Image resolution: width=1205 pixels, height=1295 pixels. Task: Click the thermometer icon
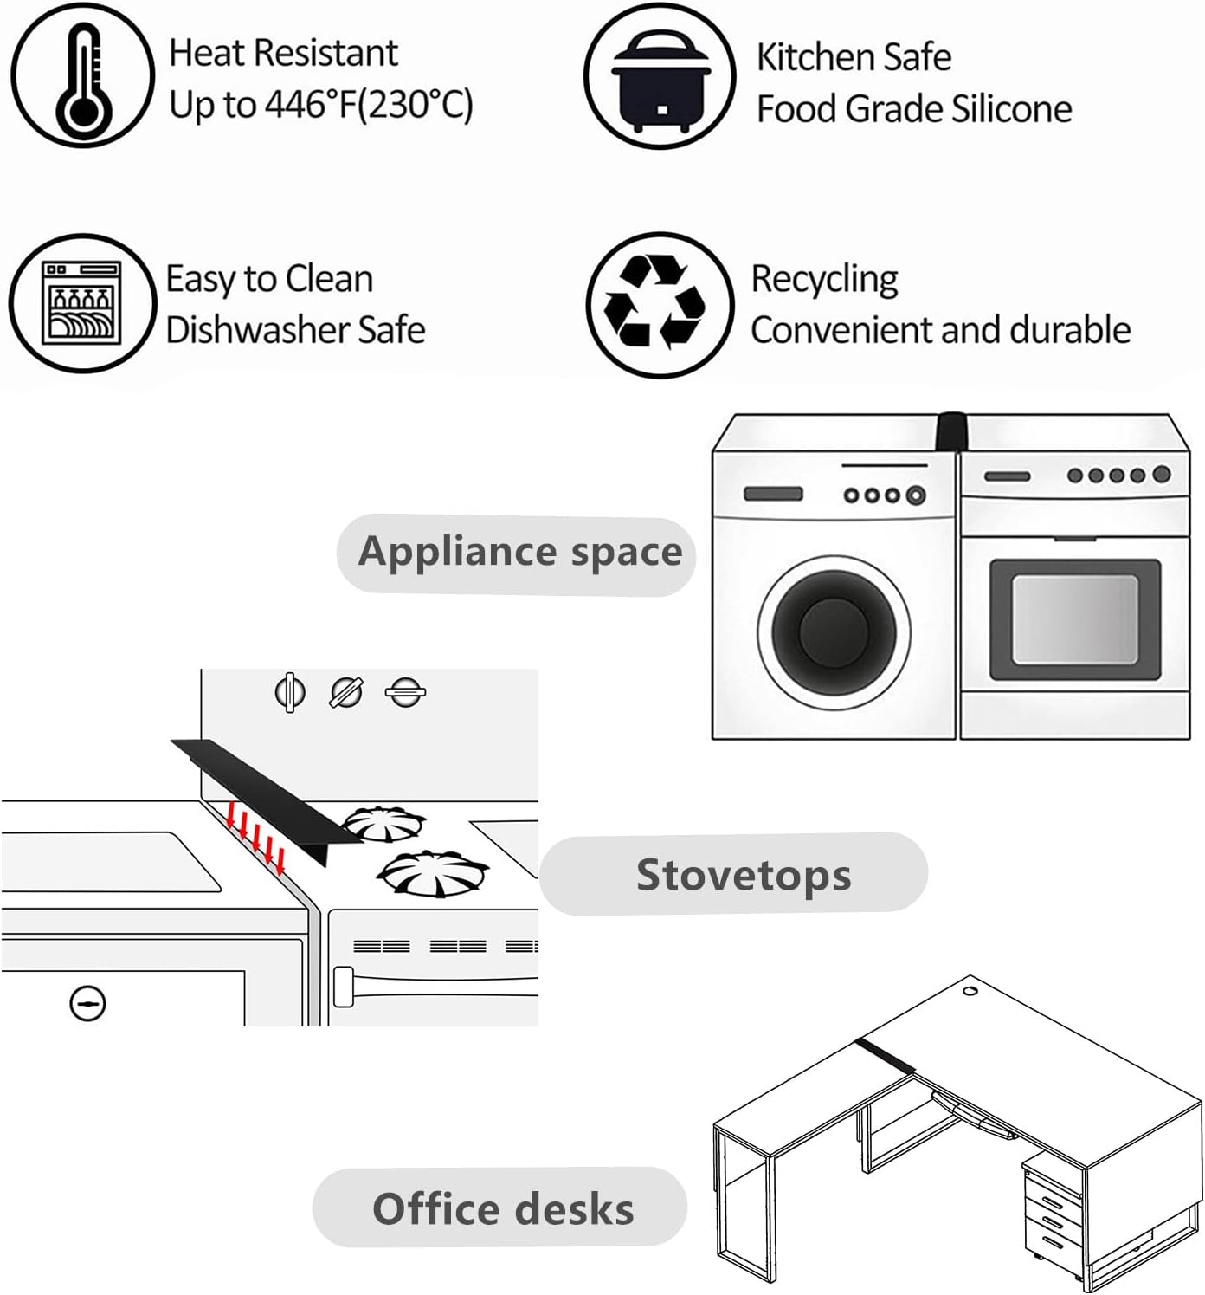[82, 75]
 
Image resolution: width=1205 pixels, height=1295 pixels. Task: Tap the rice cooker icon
[660, 75]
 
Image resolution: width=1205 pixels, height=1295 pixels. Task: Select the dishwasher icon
[82, 303]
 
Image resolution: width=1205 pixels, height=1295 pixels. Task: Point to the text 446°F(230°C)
[369, 105]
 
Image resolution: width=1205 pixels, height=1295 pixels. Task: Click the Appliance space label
[519, 553]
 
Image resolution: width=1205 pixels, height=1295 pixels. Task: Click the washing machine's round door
[834, 631]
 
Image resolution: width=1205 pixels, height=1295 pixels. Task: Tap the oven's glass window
[1074, 619]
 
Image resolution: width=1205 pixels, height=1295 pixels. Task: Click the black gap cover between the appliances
[950, 431]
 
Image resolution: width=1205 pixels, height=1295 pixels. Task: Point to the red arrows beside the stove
[255, 838]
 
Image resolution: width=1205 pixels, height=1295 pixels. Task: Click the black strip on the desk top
[886, 1056]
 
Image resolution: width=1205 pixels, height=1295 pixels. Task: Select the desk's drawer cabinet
[1051, 1209]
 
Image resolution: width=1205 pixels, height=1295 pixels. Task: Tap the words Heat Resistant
[283, 53]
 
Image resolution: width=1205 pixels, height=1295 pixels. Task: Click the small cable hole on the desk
[970, 990]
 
